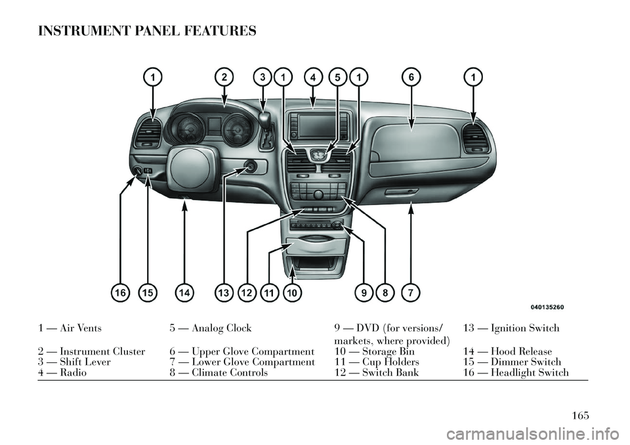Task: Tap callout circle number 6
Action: (x=411, y=77)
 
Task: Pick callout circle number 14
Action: (x=186, y=292)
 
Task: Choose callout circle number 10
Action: (x=293, y=292)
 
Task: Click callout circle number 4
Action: (x=313, y=77)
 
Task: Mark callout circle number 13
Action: (x=224, y=292)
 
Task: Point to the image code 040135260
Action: (x=548, y=307)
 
